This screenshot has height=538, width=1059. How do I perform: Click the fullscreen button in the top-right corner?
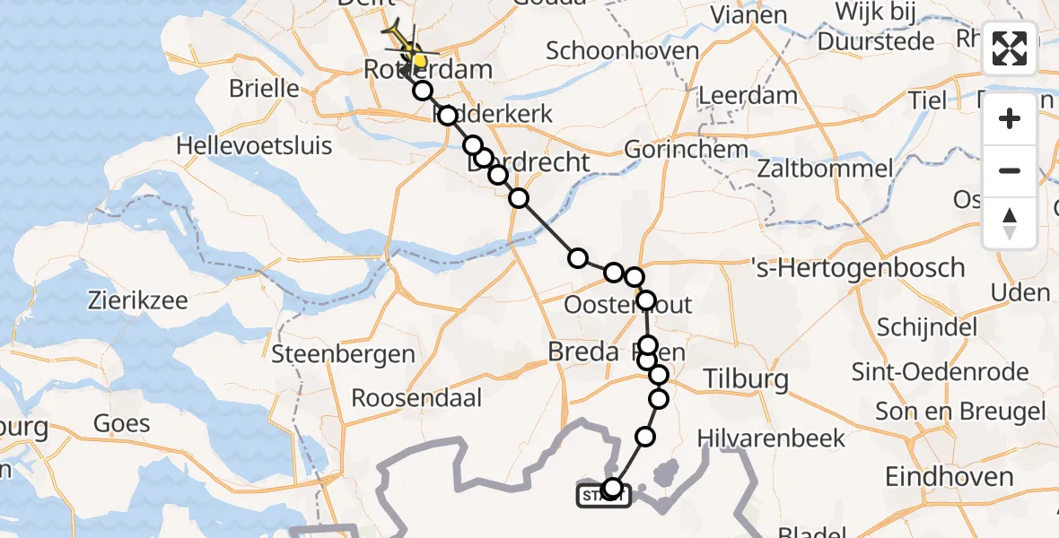coord(1010,48)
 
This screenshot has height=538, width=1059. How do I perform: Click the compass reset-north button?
coord(1010,223)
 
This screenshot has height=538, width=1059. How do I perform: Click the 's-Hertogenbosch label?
coord(858,267)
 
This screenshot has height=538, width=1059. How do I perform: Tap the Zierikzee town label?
coord(137,299)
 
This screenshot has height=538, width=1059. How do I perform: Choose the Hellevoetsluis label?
coord(254,145)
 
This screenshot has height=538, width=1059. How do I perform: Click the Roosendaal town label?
coord(416,397)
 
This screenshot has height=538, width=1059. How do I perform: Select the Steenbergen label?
coord(343,354)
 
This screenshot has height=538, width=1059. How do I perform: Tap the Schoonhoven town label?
coord(622,50)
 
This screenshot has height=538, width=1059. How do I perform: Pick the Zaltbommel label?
coord(825,168)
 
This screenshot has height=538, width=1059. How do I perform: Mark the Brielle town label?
coord(264,89)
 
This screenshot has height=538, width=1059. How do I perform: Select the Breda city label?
coord(585,352)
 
